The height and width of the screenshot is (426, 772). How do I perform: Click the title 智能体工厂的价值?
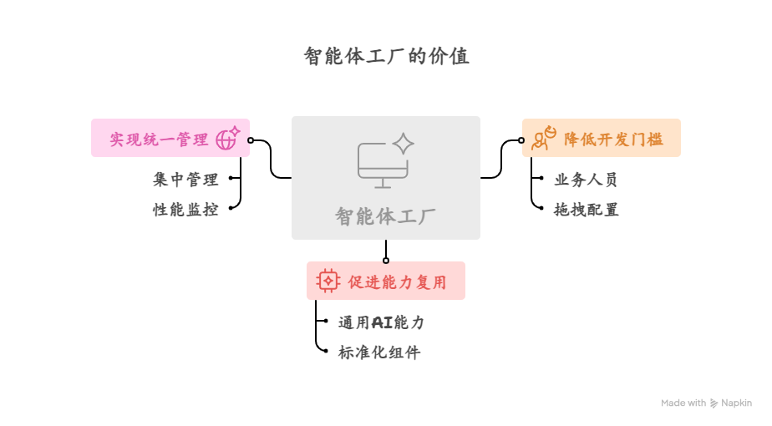386,57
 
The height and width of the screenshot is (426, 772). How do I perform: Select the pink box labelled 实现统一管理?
159,139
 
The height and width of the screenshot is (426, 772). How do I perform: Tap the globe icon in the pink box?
227,139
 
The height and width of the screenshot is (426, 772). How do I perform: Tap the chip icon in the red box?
328,281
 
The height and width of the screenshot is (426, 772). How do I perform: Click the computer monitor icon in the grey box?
383,165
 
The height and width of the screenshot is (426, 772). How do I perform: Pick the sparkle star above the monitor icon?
404,143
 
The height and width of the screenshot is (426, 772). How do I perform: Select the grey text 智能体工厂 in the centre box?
385,216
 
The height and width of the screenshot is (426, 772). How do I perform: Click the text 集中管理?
185,180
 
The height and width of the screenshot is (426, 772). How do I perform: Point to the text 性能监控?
185,210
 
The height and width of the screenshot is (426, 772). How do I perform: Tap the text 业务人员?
586,180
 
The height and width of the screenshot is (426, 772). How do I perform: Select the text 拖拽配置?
586,210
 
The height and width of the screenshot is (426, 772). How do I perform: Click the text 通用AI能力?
381,322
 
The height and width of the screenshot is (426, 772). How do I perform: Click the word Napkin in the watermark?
736,403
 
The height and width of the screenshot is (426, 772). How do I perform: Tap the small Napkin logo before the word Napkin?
714,403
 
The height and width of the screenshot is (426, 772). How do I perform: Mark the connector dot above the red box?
386,261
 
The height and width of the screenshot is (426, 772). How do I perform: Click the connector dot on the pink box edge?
251,140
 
